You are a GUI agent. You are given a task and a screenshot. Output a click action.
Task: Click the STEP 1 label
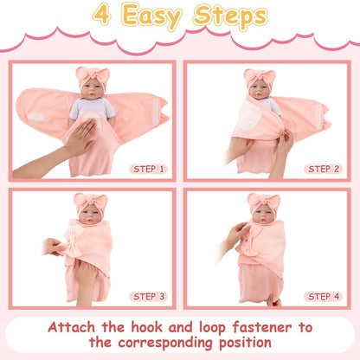pyautogui.click(x=148, y=169)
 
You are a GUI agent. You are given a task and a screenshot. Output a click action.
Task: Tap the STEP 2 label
pyautogui.click(x=324, y=169)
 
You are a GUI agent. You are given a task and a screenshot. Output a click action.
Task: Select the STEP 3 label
pyautogui.click(x=148, y=297)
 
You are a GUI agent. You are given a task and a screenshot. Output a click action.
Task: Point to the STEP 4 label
pyautogui.click(x=324, y=297)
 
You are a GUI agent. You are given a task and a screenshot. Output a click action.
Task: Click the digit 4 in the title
pyautogui.click(x=102, y=15)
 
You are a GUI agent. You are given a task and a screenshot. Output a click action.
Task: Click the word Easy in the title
pyautogui.click(x=151, y=16)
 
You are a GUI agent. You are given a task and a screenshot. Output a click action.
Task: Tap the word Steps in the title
pyautogui.click(x=230, y=16)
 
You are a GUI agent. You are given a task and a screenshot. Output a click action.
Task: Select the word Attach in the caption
pyautogui.click(x=71, y=327)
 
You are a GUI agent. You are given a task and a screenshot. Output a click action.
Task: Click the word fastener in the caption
pyautogui.click(x=262, y=327)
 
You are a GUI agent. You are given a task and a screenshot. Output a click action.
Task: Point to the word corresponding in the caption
pyautogui.click(x=166, y=344)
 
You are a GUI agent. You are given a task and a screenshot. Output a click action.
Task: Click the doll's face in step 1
pyautogui.click(x=93, y=89)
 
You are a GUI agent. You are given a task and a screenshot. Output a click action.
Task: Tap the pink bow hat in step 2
pyautogui.click(x=260, y=76)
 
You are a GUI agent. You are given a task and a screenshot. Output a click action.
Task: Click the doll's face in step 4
pyautogui.click(x=263, y=215)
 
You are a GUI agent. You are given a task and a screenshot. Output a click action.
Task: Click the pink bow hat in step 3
pyautogui.click(x=91, y=202)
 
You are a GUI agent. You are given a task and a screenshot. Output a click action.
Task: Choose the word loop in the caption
pyautogui.click(x=212, y=328)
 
